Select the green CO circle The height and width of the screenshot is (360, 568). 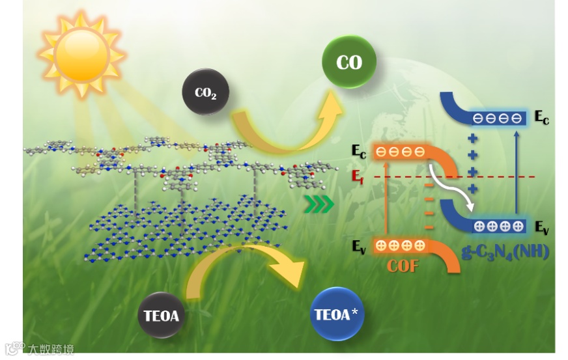349,62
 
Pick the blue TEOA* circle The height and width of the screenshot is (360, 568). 337,314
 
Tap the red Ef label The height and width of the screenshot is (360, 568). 358,176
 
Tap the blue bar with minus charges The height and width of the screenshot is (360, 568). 497,118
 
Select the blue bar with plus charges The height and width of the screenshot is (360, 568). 498,227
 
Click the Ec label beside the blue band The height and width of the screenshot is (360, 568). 541,117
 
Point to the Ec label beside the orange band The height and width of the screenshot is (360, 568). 359,151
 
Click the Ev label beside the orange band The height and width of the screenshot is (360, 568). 359,246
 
